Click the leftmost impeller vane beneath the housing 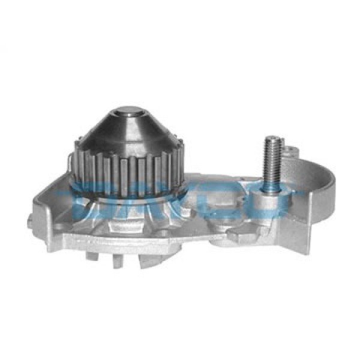(x=91, y=255)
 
